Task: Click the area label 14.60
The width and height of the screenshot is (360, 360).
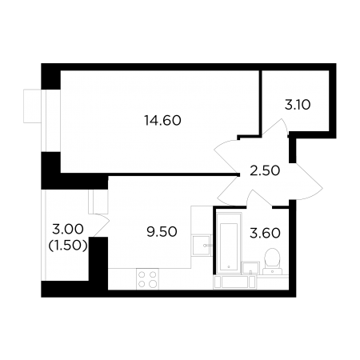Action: click(162, 121)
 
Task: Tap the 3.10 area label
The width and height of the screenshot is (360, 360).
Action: click(298, 105)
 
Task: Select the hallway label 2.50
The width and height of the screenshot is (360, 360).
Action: click(265, 170)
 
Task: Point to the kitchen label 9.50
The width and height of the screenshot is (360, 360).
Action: click(162, 232)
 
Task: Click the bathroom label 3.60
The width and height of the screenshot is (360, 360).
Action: click(265, 233)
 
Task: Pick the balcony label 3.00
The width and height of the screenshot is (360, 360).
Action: click(68, 229)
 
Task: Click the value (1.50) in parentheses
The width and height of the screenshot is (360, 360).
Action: click(68, 246)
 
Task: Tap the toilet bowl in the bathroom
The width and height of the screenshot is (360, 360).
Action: click(272, 261)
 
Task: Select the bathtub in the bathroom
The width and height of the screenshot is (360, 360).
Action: click(229, 242)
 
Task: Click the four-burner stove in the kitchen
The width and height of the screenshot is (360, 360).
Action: click(147, 279)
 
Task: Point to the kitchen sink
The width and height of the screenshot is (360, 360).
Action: click(202, 245)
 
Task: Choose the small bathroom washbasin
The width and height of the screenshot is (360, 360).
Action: click(250, 268)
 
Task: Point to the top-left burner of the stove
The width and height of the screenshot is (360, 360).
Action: click(142, 274)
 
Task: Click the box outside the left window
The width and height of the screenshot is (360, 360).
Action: click(32, 106)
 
